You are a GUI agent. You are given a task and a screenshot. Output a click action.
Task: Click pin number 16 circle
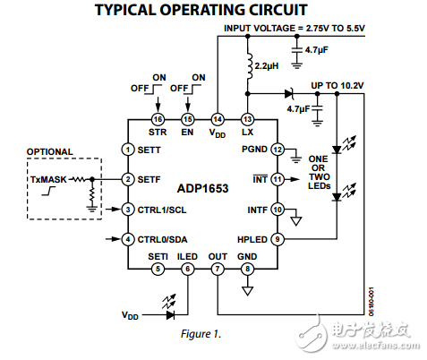point(158,119)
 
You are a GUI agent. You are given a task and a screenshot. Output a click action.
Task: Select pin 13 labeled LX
point(247,119)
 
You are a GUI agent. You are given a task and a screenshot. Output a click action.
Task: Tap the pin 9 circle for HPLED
point(278,238)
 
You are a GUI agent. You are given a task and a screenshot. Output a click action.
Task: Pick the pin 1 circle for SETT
point(129,149)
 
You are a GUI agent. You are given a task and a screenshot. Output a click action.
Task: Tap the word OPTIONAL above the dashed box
point(49,151)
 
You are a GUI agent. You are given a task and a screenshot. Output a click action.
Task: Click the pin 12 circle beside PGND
point(278,149)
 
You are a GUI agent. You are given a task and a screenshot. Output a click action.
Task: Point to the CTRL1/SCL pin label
point(167,210)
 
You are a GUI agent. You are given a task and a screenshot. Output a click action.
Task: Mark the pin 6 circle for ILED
point(187,269)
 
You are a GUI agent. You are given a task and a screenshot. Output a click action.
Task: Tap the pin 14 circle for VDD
point(218,119)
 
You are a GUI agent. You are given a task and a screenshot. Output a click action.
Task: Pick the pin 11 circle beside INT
point(278,179)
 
